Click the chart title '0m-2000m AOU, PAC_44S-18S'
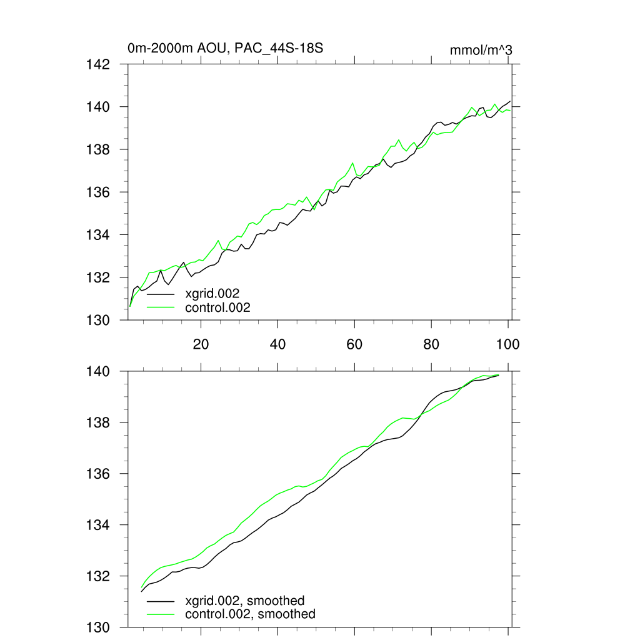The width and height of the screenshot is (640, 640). pyautogui.click(x=225, y=48)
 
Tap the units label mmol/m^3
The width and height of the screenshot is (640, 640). pyautogui.click(x=481, y=50)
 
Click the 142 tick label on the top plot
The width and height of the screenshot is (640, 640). pyautogui.click(x=98, y=64)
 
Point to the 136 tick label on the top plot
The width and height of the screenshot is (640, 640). pyautogui.click(x=98, y=192)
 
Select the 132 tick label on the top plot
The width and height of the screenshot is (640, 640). pyautogui.click(x=98, y=277)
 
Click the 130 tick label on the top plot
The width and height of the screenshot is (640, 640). pyautogui.click(x=98, y=320)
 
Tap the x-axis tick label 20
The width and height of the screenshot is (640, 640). pyautogui.click(x=201, y=344)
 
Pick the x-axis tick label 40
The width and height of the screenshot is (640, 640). pyautogui.click(x=277, y=344)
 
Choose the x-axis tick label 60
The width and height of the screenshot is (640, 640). pyautogui.click(x=354, y=344)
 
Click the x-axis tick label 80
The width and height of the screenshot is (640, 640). pyautogui.click(x=431, y=344)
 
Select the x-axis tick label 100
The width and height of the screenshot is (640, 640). pyautogui.click(x=507, y=344)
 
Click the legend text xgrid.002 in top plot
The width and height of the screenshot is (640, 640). pyautogui.click(x=212, y=292)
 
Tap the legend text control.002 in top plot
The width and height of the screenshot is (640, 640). pyautogui.click(x=218, y=307)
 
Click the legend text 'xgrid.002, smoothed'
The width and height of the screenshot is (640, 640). pyautogui.click(x=245, y=601)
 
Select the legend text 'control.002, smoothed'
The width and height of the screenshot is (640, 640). pyautogui.click(x=251, y=614)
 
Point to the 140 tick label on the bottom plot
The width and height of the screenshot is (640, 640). pyautogui.click(x=98, y=371)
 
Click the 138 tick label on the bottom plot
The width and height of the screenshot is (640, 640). pyautogui.click(x=98, y=422)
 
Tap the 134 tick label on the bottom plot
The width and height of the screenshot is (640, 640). pyautogui.click(x=98, y=525)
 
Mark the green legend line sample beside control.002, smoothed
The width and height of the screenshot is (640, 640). pyautogui.click(x=161, y=614)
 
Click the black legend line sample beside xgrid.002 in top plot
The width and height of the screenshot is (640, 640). pyautogui.click(x=161, y=293)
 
